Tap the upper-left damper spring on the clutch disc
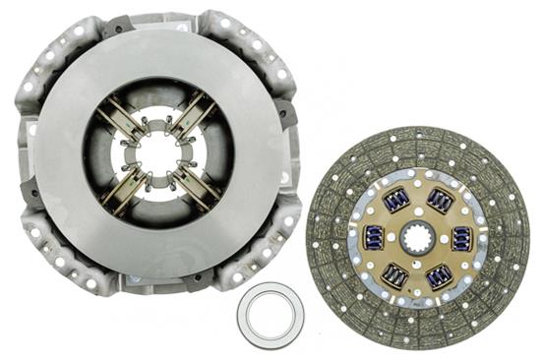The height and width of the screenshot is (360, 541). point(396,200)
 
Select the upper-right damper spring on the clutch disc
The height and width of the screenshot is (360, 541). point(440,201)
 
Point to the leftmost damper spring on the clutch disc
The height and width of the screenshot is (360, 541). point(374,237)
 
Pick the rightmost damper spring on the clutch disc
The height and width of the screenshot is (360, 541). point(461,238)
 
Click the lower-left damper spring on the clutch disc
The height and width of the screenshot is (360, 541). point(395,274)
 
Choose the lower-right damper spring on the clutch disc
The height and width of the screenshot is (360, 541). point(439,275)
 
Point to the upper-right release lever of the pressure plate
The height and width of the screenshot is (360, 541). point(193,116)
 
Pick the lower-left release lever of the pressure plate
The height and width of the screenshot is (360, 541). point(123,187)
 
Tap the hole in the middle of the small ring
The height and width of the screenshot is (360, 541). point(270,315)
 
